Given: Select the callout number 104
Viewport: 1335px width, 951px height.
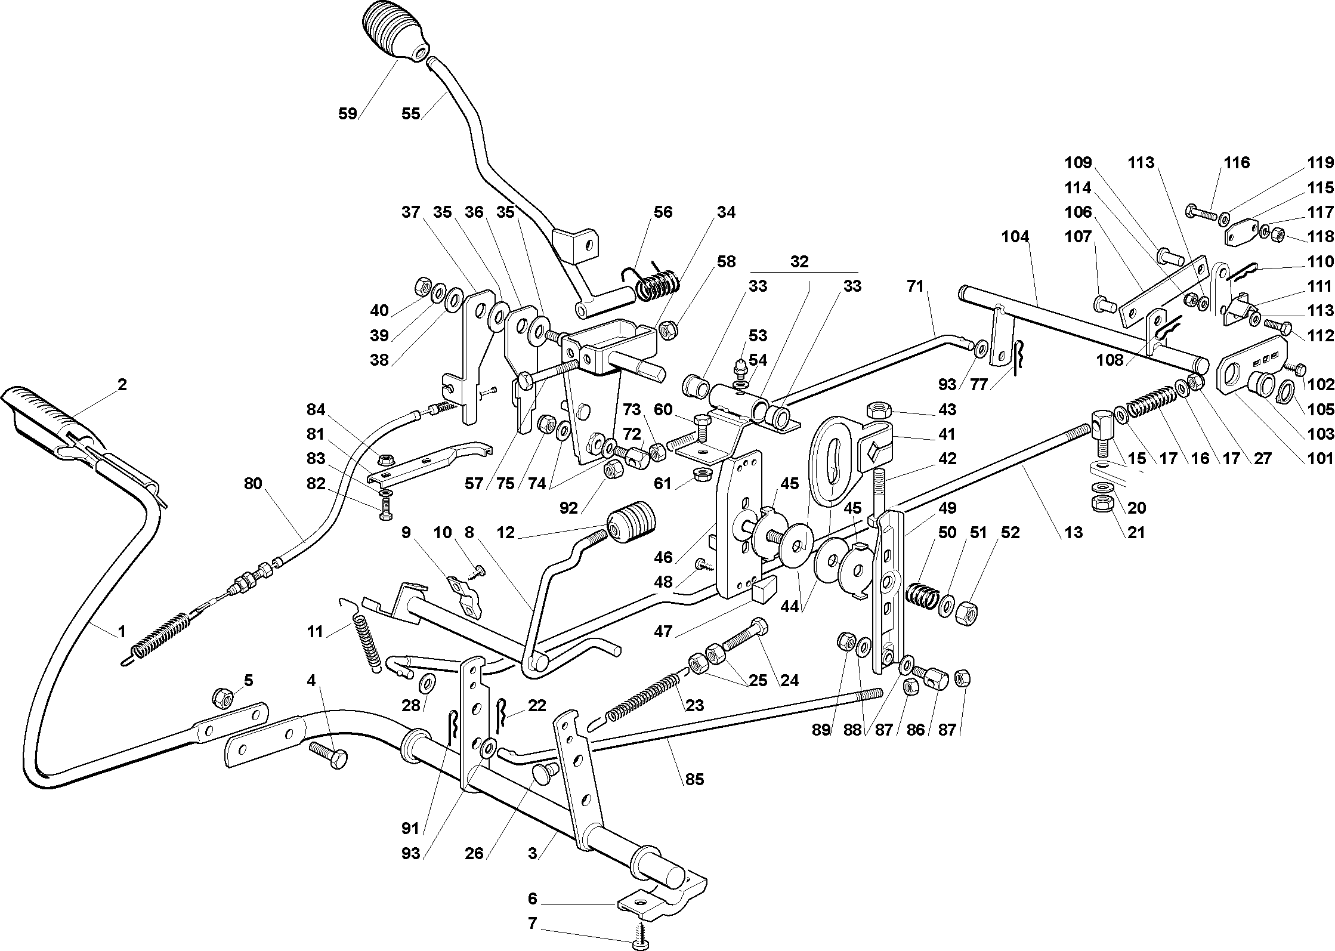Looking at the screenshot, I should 1015,237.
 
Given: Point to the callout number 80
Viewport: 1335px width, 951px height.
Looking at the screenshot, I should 253,483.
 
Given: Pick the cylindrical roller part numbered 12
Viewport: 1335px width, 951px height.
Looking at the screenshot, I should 632,521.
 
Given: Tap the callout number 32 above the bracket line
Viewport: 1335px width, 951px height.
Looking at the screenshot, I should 799,262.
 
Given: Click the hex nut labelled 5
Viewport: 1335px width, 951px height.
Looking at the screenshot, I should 222,697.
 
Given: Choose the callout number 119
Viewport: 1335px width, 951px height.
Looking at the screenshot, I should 1320,162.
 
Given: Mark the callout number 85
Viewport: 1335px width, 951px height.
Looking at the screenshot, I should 695,779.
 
